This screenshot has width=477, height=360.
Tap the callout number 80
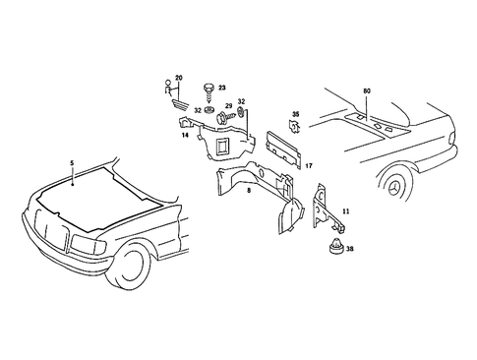(367, 91)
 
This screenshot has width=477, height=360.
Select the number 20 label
(178, 77)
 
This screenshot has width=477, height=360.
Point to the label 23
(221, 88)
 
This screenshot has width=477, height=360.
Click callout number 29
(227, 105)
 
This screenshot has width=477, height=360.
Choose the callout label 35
(295, 115)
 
